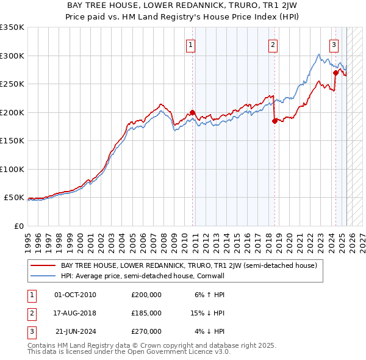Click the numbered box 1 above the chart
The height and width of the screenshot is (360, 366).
(x=191, y=44)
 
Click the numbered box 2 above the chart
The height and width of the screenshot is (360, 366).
(x=273, y=44)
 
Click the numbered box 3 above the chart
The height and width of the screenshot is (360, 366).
(x=334, y=44)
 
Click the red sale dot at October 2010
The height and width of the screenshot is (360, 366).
(x=192, y=112)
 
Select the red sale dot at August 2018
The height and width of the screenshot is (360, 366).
(x=274, y=121)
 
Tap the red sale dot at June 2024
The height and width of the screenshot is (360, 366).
(x=335, y=73)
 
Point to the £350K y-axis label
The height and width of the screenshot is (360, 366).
(x=12, y=27)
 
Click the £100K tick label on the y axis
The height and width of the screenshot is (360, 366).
(x=12, y=169)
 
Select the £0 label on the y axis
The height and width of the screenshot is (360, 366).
(x=18, y=226)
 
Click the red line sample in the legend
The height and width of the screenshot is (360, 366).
(x=43, y=266)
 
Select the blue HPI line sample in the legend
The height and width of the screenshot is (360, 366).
(x=43, y=276)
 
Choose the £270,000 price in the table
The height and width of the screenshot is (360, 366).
(x=146, y=331)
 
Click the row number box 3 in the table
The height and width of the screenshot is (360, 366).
(x=30, y=331)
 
